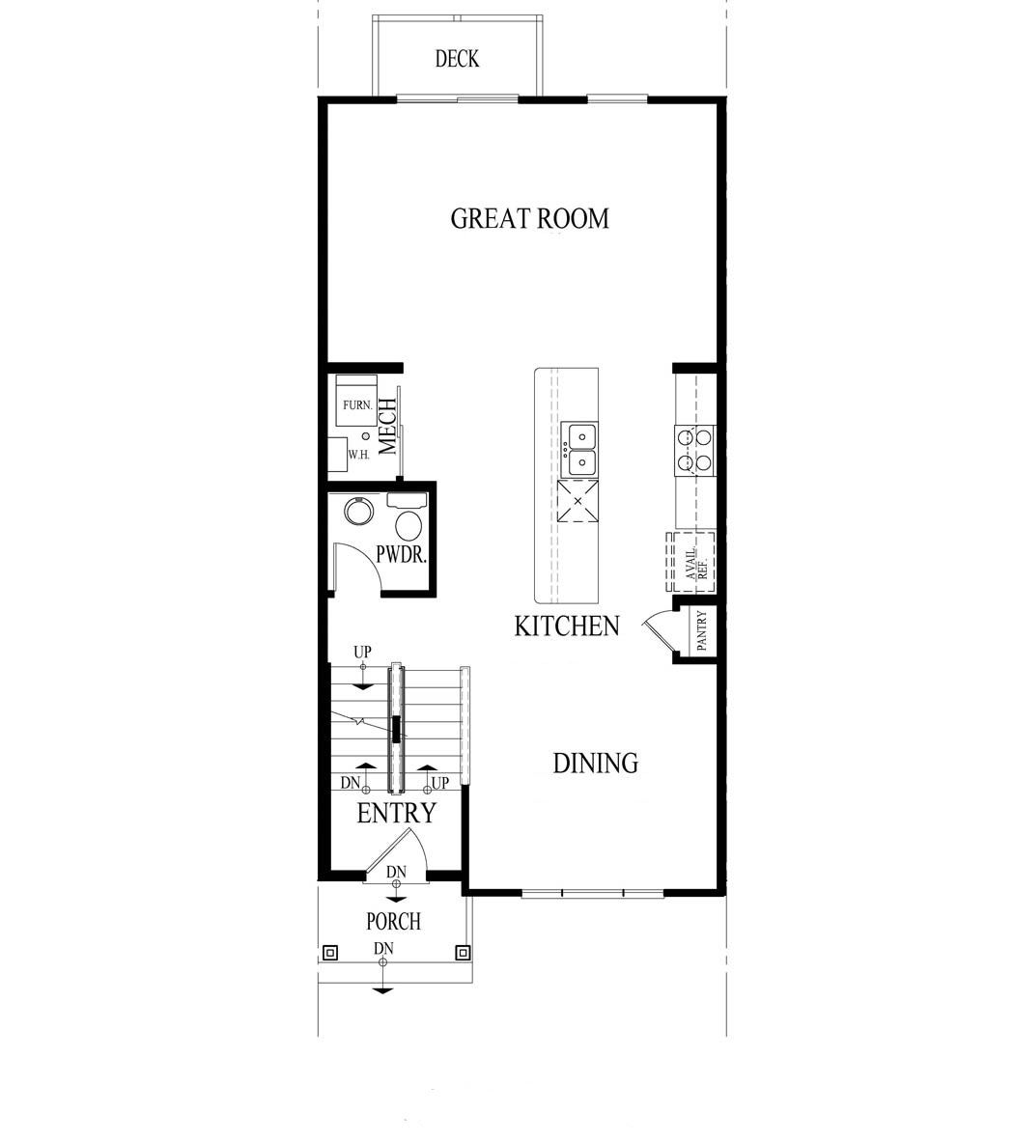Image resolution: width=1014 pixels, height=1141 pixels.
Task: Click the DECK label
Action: tap(457, 60)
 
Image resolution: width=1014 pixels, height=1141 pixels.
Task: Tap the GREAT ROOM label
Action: tap(530, 218)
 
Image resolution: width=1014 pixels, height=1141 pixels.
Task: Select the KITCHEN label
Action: tap(566, 626)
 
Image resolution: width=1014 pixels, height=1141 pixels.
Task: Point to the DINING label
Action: tap(595, 764)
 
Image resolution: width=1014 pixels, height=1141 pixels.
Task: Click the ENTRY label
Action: tap(396, 814)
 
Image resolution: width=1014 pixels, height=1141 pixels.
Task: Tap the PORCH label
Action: tap(393, 922)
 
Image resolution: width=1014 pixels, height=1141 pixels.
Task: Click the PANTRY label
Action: tap(702, 632)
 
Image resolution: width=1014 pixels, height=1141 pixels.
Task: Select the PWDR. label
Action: tap(401, 557)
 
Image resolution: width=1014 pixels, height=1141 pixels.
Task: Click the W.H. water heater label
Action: tap(359, 454)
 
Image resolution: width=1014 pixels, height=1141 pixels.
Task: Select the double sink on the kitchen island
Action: tap(580, 450)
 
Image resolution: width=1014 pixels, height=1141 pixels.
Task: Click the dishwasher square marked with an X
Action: tap(577, 501)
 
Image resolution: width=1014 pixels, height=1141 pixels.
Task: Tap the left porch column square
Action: tap(329, 953)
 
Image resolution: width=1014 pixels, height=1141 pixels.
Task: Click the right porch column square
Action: tap(463, 953)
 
